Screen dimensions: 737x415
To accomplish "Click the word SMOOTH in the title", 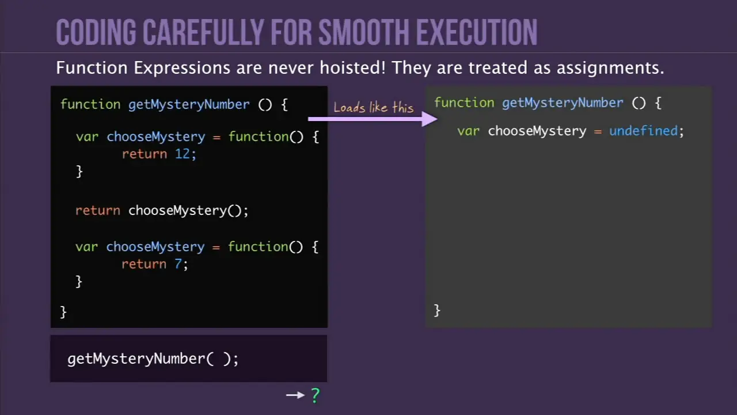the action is pyautogui.click(x=363, y=32).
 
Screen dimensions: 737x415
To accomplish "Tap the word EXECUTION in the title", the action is pyautogui.click(x=477, y=32).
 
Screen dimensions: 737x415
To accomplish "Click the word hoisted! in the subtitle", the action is pyautogui.click(x=352, y=67).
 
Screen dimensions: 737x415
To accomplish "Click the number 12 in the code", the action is pyautogui.click(x=183, y=154).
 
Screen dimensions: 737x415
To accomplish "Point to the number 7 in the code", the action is pyautogui.click(x=178, y=264).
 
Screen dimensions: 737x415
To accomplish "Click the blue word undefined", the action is pyautogui.click(x=644, y=131).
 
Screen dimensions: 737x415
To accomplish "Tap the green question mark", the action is pyautogui.click(x=315, y=395).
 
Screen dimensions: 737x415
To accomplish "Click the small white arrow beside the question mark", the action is pyautogui.click(x=295, y=395).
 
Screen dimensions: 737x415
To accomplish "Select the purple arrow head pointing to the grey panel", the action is pyautogui.click(x=430, y=119).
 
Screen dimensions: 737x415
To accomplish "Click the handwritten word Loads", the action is pyautogui.click(x=349, y=107).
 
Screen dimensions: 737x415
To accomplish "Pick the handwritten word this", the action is pyautogui.click(x=403, y=107).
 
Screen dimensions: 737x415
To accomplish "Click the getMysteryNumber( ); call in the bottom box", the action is pyautogui.click(x=153, y=359).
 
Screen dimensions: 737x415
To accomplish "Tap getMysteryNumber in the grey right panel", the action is pyautogui.click(x=563, y=103).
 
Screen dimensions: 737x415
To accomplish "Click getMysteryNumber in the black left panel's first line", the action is pyautogui.click(x=189, y=105).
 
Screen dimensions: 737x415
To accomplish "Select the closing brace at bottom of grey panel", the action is pyautogui.click(x=437, y=310).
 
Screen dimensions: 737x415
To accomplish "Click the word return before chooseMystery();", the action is pyautogui.click(x=98, y=210).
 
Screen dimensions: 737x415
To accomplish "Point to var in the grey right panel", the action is pyautogui.click(x=468, y=131).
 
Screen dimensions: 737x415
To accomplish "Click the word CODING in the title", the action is pyautogui.click(x=96, y=32).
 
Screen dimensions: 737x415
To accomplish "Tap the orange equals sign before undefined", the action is pyautogui.click(x=598, y=132).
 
